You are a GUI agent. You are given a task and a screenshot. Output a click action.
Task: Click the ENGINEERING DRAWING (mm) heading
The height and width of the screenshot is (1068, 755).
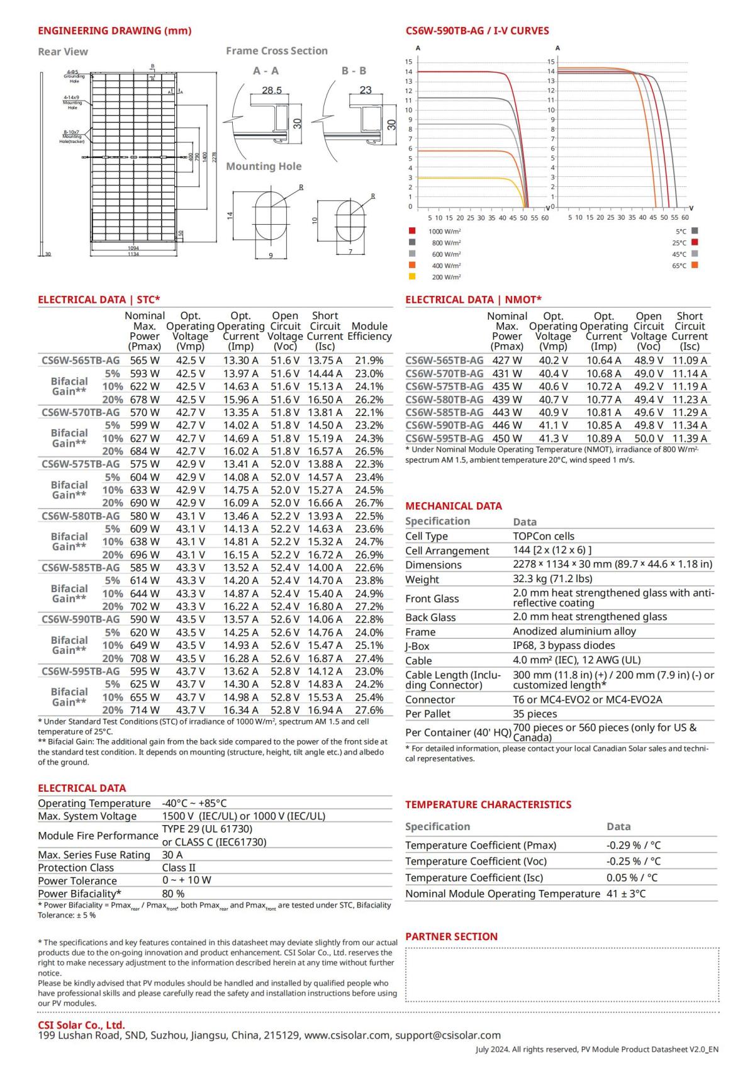[x=115, y=31]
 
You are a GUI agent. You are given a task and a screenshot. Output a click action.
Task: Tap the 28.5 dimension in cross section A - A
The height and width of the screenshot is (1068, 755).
[x=272, y=91]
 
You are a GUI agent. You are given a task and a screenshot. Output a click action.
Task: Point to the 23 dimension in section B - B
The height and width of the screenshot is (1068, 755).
[x=366, y=90]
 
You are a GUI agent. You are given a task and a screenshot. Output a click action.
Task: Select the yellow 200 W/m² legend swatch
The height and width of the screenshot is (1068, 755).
[x=412, y=276]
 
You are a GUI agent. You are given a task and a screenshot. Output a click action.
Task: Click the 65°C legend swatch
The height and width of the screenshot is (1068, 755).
[x=695, y=265]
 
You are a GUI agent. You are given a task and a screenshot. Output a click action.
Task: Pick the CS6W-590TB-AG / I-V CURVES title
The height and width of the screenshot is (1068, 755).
[x=477, y=31]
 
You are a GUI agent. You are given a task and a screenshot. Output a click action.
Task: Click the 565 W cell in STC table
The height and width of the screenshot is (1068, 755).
[x=145, y=361]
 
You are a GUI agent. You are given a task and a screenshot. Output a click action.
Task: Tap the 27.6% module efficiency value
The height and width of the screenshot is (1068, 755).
[x=369, y=710]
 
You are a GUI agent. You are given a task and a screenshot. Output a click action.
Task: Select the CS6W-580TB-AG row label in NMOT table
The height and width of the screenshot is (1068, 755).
[x=444, y=399]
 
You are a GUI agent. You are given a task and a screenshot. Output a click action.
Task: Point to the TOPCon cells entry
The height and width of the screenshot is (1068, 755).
[x=543, y=536]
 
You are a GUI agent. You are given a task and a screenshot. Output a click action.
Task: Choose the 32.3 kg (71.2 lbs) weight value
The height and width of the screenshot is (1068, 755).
[x=552, y=578]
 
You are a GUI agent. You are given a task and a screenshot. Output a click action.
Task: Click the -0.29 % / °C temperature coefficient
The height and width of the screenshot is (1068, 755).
[x=633, y=845]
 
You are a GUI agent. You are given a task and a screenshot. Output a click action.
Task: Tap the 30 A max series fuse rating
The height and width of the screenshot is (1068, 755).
[x=172, y=855]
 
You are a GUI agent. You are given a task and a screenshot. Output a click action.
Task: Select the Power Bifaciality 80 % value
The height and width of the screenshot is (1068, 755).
[x=173, y=893]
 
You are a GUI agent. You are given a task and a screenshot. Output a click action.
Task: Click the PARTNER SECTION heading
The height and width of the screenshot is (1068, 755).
[x=451, y=936]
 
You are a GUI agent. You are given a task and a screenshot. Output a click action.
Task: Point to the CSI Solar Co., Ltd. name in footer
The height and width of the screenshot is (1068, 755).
[x=81, y=1025]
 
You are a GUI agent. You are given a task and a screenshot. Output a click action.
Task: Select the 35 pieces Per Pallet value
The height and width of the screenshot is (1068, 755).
[x=535, y=714]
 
